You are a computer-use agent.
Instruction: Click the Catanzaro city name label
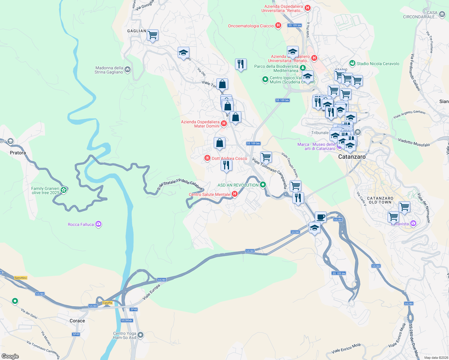click(352, 157)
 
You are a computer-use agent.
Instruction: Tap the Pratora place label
click(18, 153)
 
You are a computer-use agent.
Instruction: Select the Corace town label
click(77, 321)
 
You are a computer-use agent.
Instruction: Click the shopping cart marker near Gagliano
click(152, 35)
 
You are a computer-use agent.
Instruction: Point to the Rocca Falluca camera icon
click(98, 224)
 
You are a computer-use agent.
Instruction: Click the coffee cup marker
click(321, 217)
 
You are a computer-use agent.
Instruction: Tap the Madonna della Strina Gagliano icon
click(128, 70)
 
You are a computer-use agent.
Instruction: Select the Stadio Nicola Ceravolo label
click(378, 64)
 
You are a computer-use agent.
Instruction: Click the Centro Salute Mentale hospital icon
click(235, 194)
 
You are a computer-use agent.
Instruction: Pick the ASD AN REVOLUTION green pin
click(263, 185)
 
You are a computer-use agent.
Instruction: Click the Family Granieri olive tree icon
click(63, 190)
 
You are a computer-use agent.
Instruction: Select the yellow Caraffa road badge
click(107, 303)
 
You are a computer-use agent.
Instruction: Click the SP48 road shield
click(134, 309)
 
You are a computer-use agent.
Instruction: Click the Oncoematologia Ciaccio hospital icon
click(278, 25)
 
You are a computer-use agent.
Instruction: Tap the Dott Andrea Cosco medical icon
click(207, 158)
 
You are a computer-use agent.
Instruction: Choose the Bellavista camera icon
click(413, 223)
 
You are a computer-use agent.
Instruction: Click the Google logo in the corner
click(10, 356)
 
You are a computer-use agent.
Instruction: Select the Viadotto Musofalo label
click(414, 142)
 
